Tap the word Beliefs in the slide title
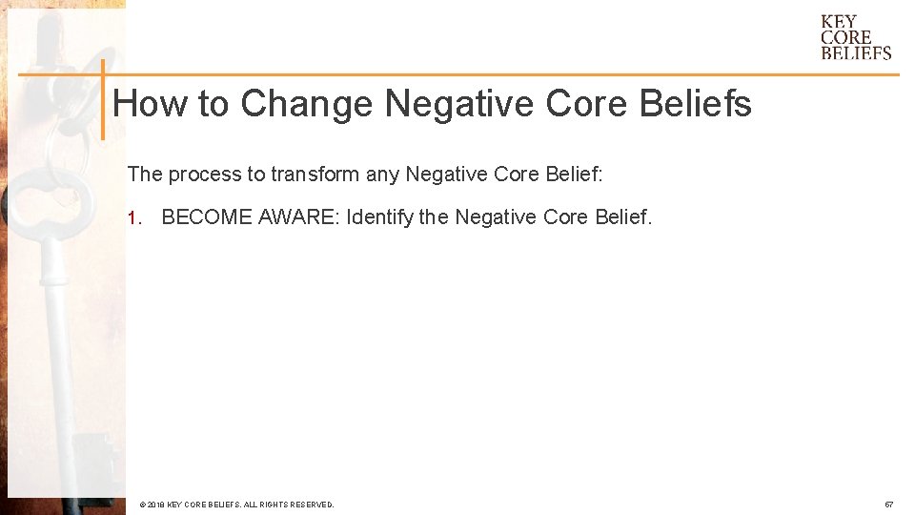coord(696,103)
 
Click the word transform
coord(315,175)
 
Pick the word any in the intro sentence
coord(383,175)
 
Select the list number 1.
coord(132,217)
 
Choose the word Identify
coord(380,217)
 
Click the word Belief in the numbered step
coord(623,217)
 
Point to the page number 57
coord(888,504)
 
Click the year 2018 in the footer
coord(156,504)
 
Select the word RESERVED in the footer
coord(311,504)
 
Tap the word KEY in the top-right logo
coord(839,22)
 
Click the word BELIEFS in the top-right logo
coord(856,53)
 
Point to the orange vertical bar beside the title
coord(102,99)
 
